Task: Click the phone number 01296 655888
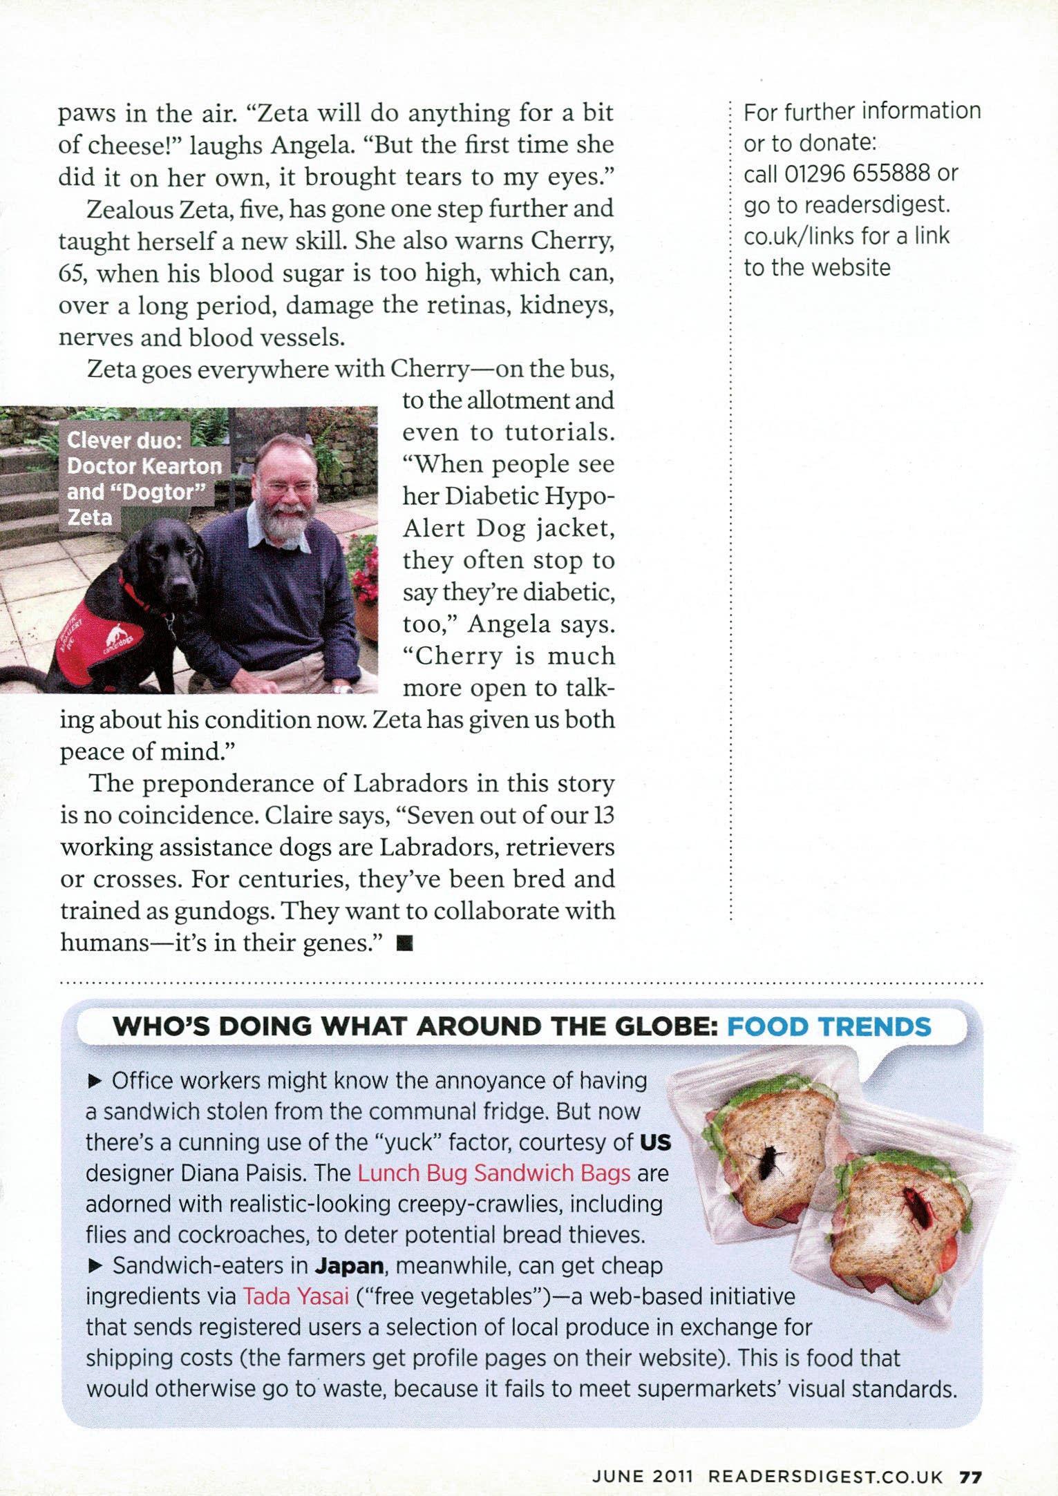857,173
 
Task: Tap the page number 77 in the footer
970,1473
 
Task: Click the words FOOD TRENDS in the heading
829,1026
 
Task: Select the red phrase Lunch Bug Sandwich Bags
494,1173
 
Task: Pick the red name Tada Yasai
296,1296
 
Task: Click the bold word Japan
349,1266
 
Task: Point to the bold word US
655,1142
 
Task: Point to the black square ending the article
405,944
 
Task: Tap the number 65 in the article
70,274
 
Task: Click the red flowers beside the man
364,563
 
